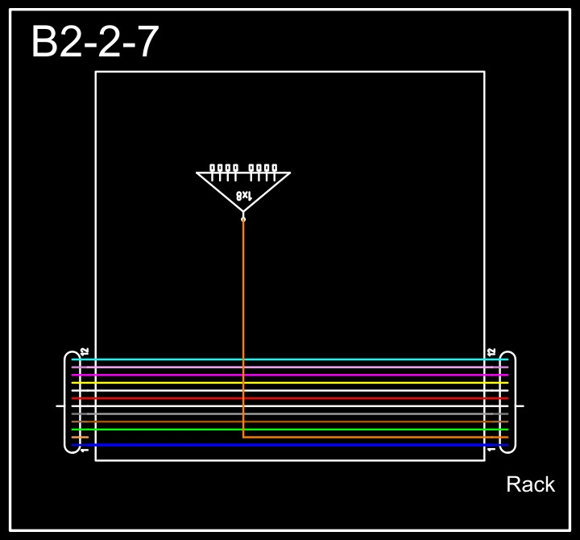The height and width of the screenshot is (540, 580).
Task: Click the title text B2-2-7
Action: [x=94, y=42]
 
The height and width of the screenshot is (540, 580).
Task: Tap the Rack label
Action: [x=530, y=484]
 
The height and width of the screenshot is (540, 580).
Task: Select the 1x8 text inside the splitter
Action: [x=244, y=195]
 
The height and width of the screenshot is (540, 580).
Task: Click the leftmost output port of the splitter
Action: [x=213, y=168]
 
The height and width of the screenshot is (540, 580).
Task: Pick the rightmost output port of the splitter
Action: [x=274, y=168]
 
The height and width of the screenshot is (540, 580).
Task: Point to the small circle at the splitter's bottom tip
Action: [x=243, y=218]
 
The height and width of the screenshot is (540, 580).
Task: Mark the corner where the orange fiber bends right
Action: [x=243, y=437]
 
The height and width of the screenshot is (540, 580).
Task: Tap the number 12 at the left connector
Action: [x=84, y=352]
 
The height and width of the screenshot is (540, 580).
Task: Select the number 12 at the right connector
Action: [x=491, y=352]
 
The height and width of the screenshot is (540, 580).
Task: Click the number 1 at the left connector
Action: [x=84, y=450]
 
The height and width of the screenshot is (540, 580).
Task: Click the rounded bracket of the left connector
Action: [x=68, y=401]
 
